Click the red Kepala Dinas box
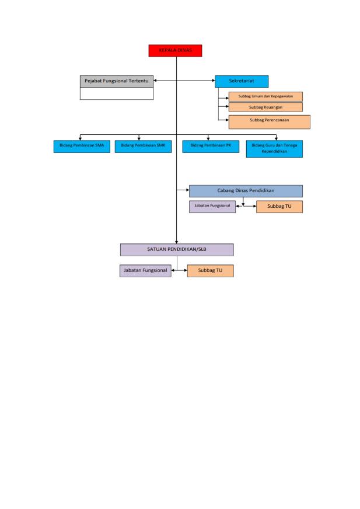click(x=175, y=51)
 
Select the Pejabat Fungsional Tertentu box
click(x=116, y=81)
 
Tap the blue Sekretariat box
click(x=242, y=81)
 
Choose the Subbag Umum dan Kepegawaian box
click(x=265, y=96)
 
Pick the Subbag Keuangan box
click(x=265, y=107)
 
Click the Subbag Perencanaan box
click(x=269, y=121)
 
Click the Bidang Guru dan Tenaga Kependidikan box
click(x=274, y=149)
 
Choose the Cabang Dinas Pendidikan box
click(x=246, y=191)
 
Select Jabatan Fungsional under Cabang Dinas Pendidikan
click(x=212, y=206)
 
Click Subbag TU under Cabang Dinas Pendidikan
click(x=279, y=207)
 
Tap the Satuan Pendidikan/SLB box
click(x=177, y=249)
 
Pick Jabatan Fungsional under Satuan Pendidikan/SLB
click(x=145, y=271)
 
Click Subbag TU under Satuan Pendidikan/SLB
click(x=210, y=271)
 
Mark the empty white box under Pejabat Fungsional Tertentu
click(x=116, y=94)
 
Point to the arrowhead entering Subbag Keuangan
click(x=226, y=107)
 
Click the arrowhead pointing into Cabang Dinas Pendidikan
click(x=187, y=190)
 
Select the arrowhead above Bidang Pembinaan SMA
click(x=80, y=139)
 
